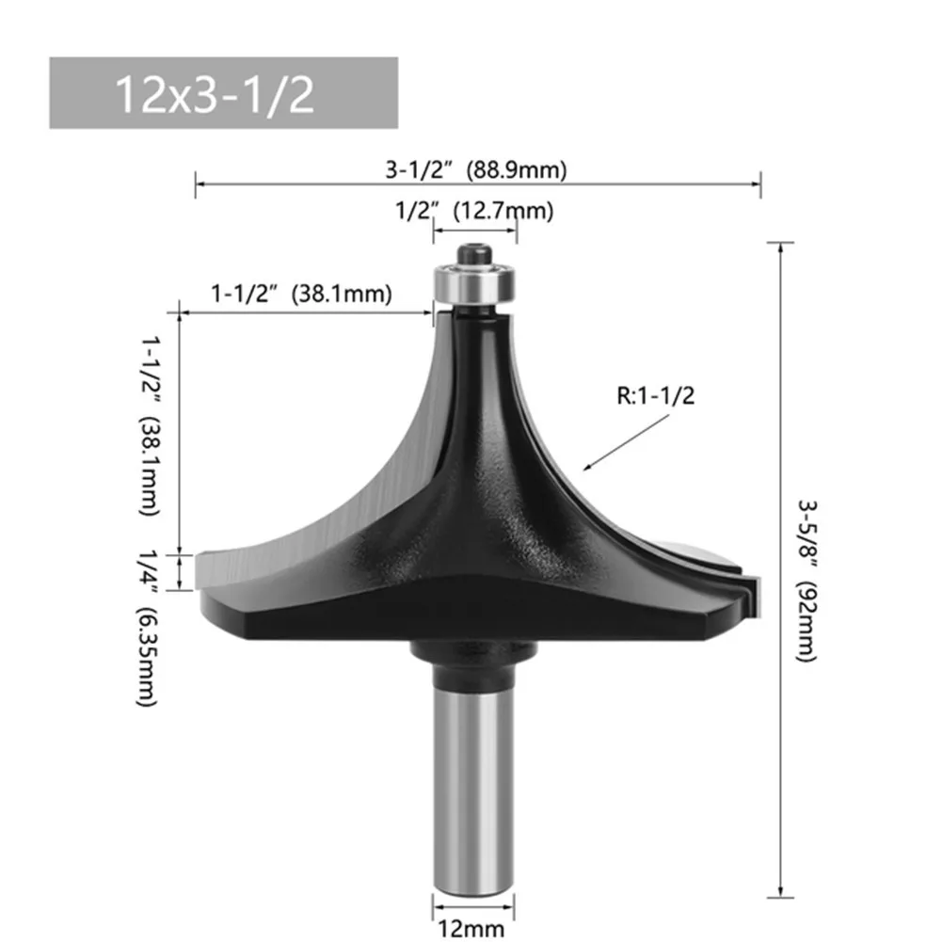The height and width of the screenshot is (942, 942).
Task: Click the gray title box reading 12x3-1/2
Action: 223,93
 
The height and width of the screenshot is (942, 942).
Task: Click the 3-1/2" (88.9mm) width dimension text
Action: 476,170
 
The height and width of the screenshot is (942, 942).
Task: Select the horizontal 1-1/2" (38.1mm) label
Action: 300,294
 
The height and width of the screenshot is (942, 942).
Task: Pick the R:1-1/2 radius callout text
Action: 656,397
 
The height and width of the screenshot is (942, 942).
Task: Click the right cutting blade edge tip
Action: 748,583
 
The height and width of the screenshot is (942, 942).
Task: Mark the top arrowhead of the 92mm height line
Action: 781,247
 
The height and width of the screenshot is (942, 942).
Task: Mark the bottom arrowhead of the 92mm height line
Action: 781,894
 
